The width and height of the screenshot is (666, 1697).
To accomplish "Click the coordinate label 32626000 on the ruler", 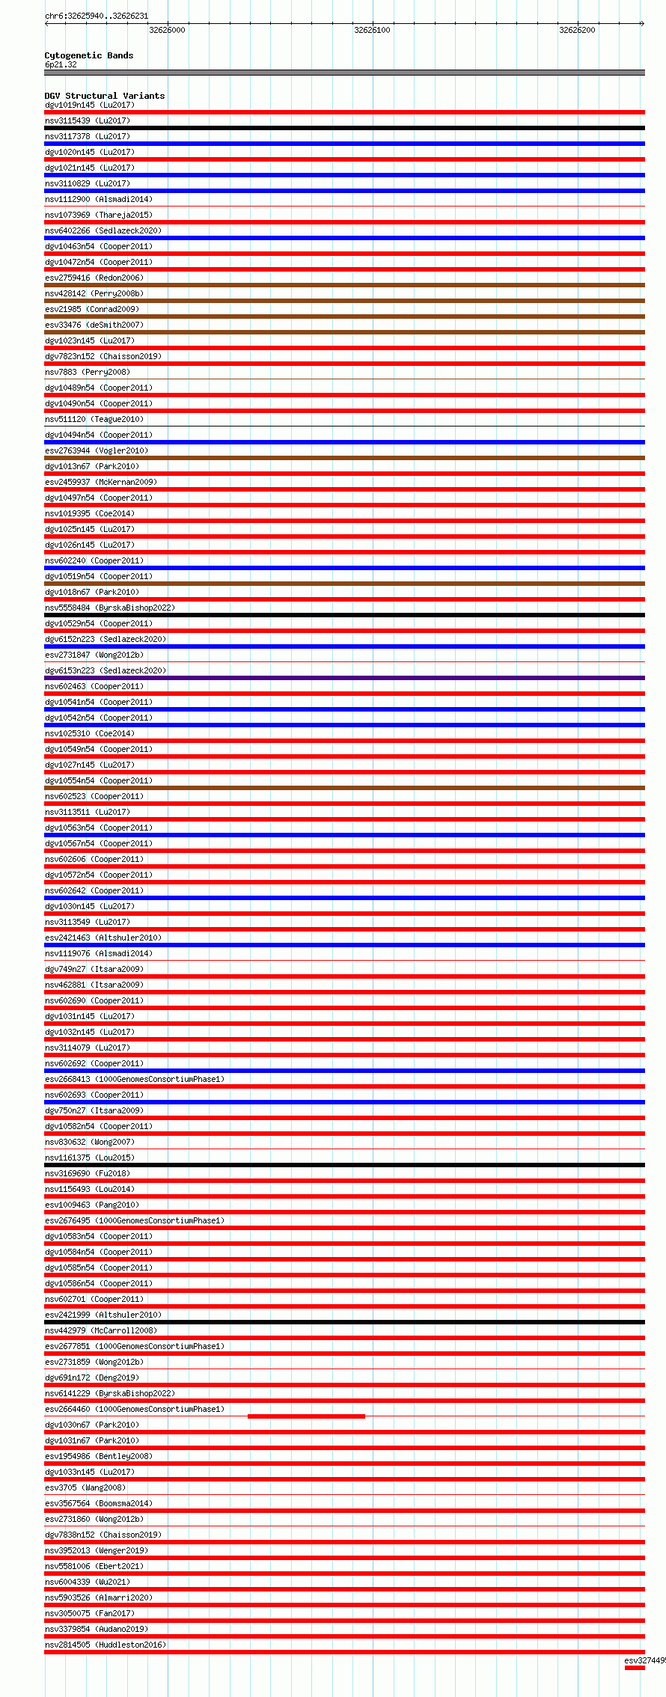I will pos(167,30).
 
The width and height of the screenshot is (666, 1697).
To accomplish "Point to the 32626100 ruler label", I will pos(372,30).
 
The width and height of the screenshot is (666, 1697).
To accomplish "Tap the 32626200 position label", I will pos(577,30).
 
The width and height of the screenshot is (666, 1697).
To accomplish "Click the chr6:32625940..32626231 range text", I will pos(97,16).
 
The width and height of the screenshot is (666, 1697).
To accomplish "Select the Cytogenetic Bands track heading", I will pos(89,55).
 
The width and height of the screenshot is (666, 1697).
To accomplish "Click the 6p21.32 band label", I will pos(61,64).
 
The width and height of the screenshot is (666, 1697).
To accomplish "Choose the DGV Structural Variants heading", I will pos(105,96).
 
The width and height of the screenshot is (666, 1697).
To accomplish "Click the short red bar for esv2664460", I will pos(306,1416).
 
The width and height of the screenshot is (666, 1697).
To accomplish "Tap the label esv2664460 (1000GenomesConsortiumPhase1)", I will pos(135,1409).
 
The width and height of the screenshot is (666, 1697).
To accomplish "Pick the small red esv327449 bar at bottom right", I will pos(635,1667).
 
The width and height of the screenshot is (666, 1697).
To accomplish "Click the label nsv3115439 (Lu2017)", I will pos(88,120).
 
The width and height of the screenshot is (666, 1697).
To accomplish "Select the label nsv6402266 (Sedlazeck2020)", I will pos(103,230).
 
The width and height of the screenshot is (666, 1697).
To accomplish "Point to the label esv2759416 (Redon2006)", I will pos(94,278).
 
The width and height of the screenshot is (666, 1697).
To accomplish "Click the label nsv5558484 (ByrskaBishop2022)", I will pos(110,608).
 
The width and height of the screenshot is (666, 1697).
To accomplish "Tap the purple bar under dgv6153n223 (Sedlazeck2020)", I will pos(344,678).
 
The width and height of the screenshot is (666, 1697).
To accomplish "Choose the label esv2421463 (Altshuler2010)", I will pos(103,938).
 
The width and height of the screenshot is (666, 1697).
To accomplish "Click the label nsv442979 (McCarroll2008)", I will pos(101,1330).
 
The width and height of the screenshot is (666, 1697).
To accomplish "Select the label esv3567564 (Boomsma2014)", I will pos(99,1503).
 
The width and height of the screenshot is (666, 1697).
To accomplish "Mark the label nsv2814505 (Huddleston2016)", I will pos(106,1645).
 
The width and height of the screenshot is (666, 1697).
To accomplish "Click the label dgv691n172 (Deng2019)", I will pos(92,1378).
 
